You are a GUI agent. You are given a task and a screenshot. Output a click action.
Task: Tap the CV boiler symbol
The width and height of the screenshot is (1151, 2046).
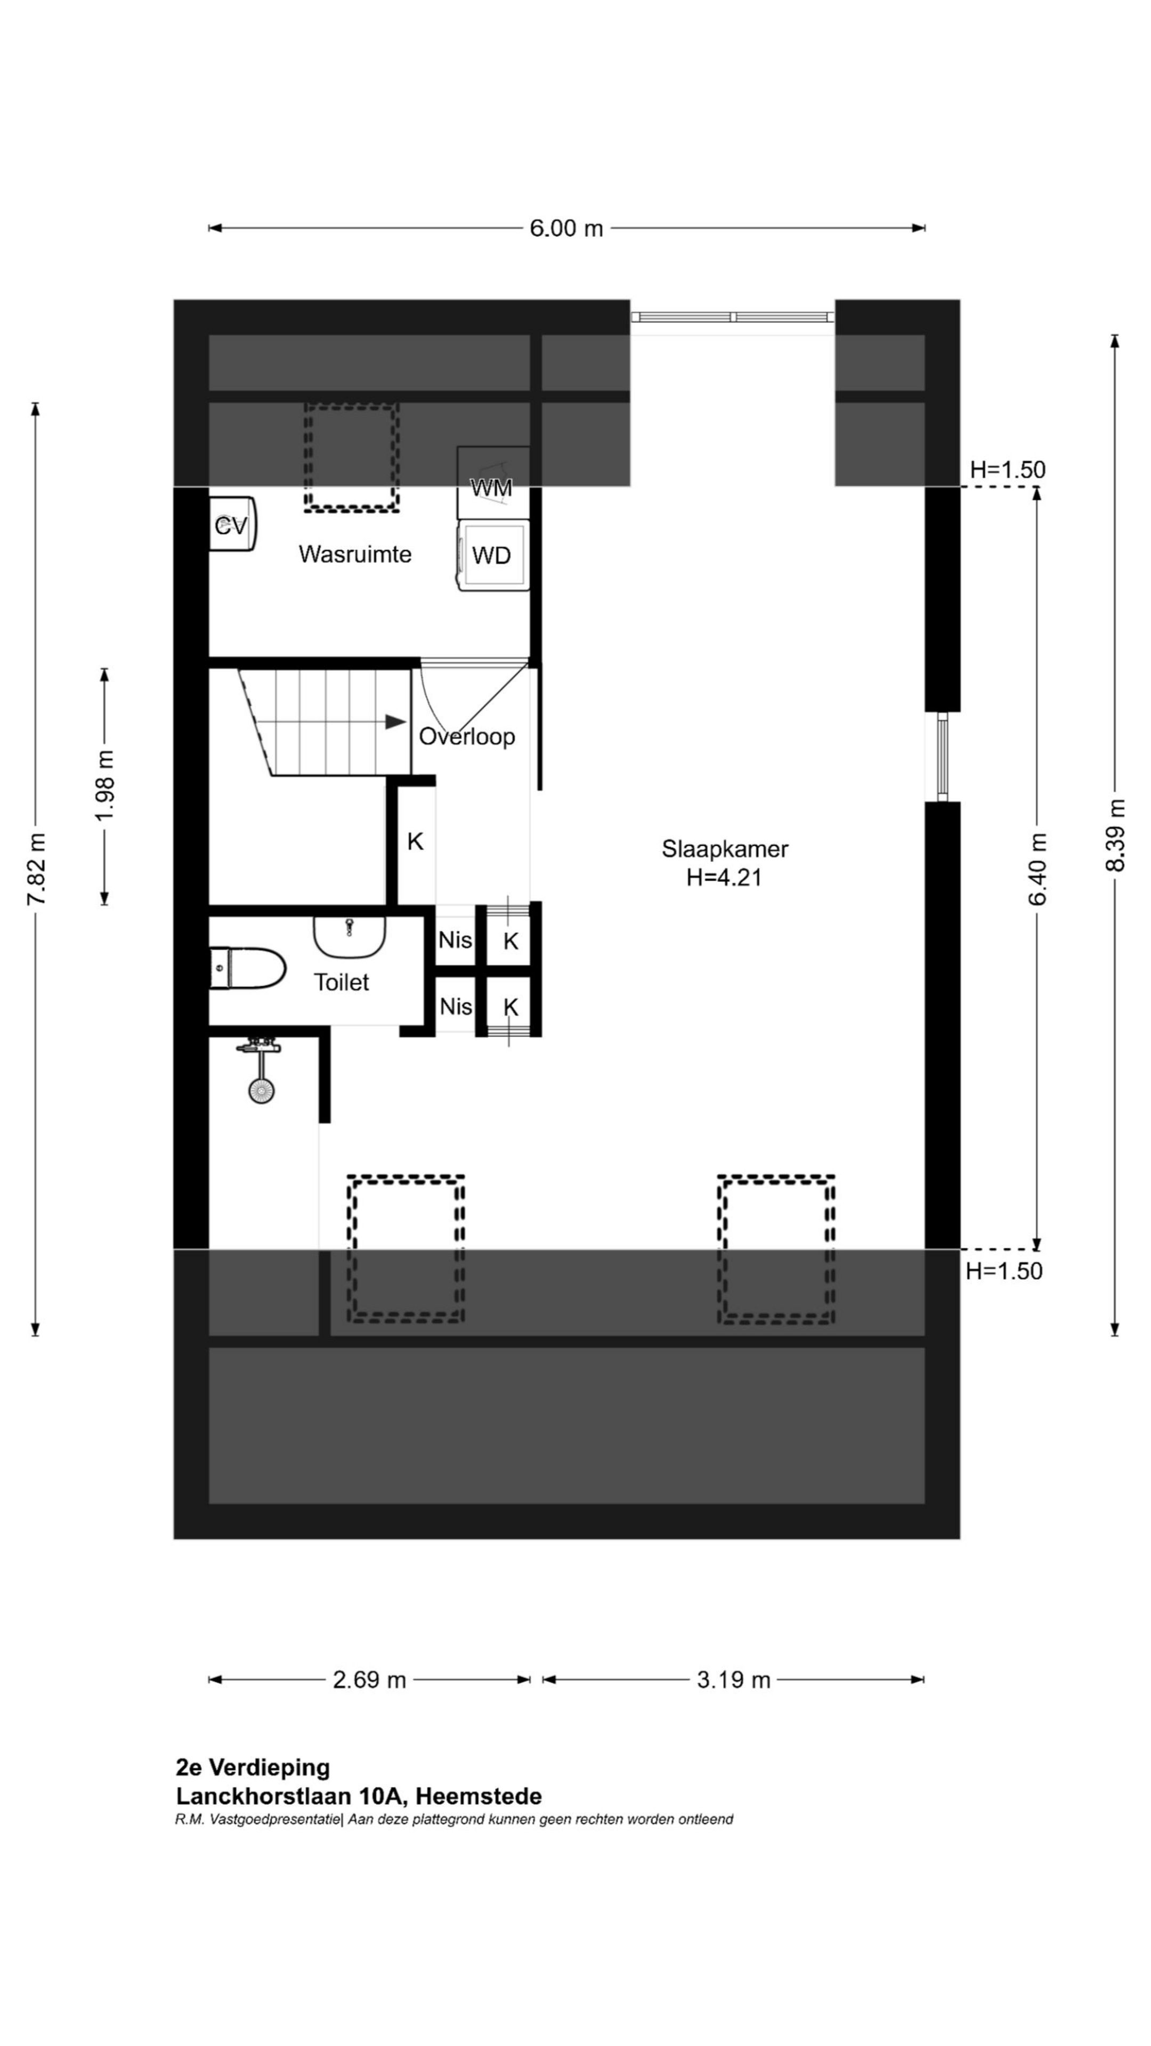[232, 525]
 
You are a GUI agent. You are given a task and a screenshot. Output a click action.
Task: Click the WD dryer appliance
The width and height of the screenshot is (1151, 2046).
[492, 555]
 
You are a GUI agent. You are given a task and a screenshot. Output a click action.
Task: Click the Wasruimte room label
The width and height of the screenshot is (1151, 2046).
[355, 554]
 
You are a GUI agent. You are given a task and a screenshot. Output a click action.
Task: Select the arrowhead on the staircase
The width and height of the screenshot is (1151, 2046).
[395, 722]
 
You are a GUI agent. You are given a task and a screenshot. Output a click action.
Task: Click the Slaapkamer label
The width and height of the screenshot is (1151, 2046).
[725, 848]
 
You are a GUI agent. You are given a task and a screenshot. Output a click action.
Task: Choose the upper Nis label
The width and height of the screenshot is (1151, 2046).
[455, 939]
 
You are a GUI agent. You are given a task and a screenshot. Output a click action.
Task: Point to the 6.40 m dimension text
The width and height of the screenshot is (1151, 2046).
[1037, 869]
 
